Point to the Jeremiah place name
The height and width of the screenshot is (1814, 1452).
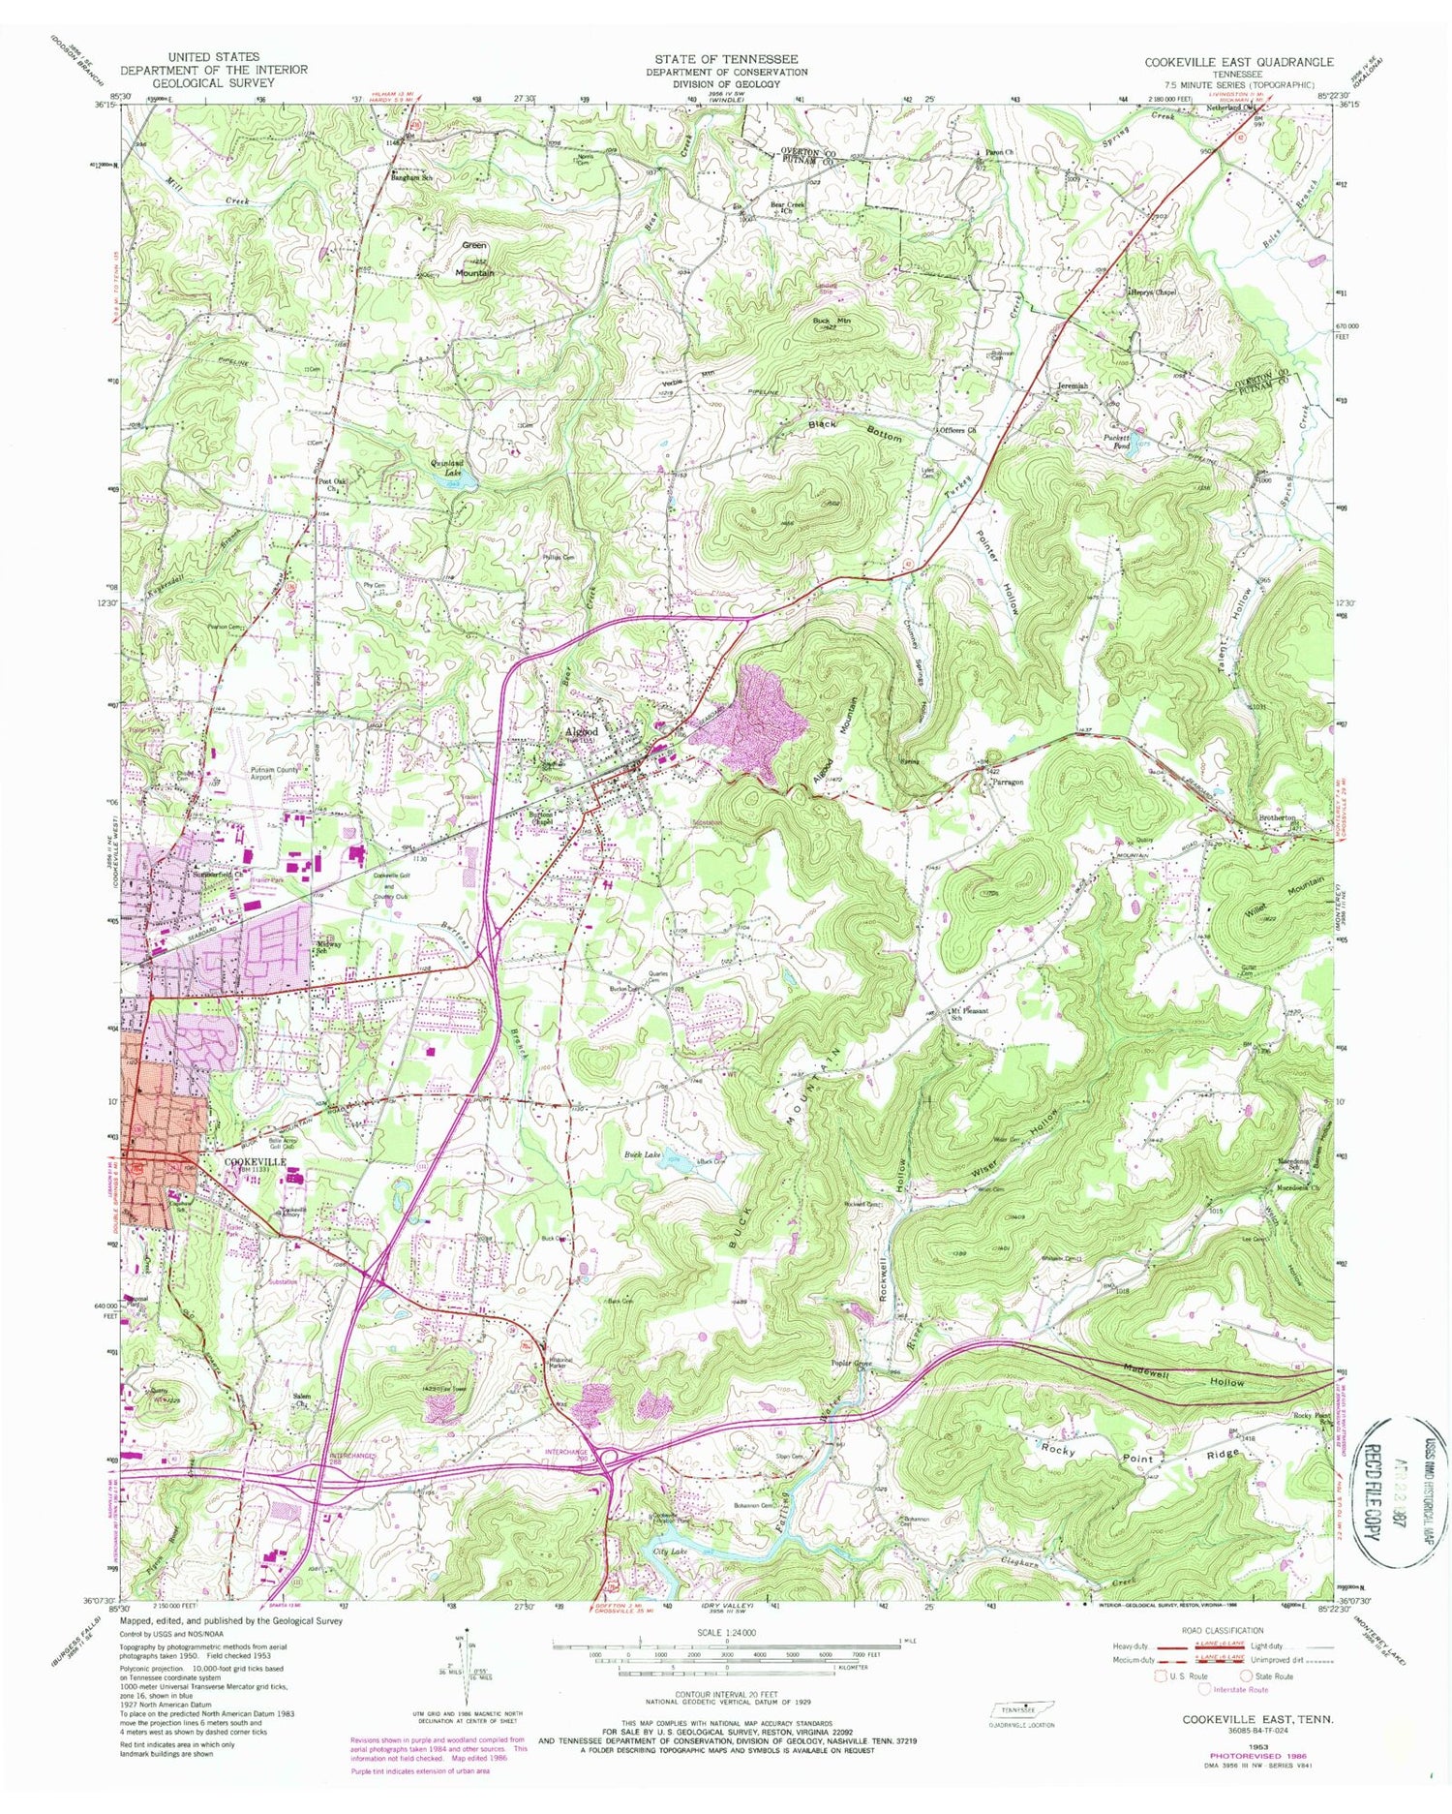[1068, 385]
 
